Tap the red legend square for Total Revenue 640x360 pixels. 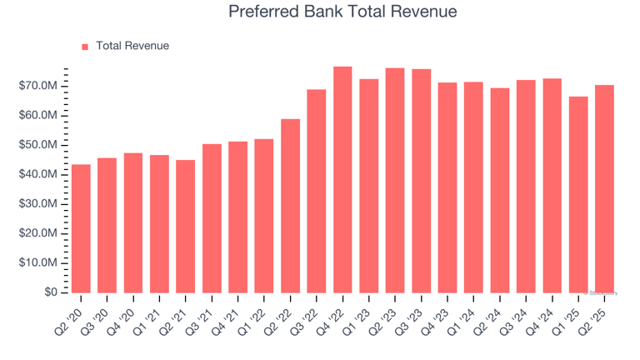tap(85, 47)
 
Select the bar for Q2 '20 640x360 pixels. tap(81, 228)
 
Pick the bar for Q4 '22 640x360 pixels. tap(342, 179)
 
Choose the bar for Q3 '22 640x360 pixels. tap(317, 191)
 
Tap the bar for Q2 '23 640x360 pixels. tap(395, 180)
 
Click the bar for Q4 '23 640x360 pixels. tap(447, 187)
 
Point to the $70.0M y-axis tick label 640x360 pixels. tap(39, 86)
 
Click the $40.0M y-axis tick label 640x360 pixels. tap(39, 174)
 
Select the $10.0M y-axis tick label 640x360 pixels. tap(39, 262)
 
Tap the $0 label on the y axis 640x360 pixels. tap(51, 292)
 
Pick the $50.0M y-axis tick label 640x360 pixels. tap(39, 145)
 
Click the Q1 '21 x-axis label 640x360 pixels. tap(150, 317)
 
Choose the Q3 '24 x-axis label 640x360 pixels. tap(517, 317)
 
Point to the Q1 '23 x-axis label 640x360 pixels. tap(360, 317)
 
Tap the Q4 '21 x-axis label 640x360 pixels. tap(228, 317)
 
